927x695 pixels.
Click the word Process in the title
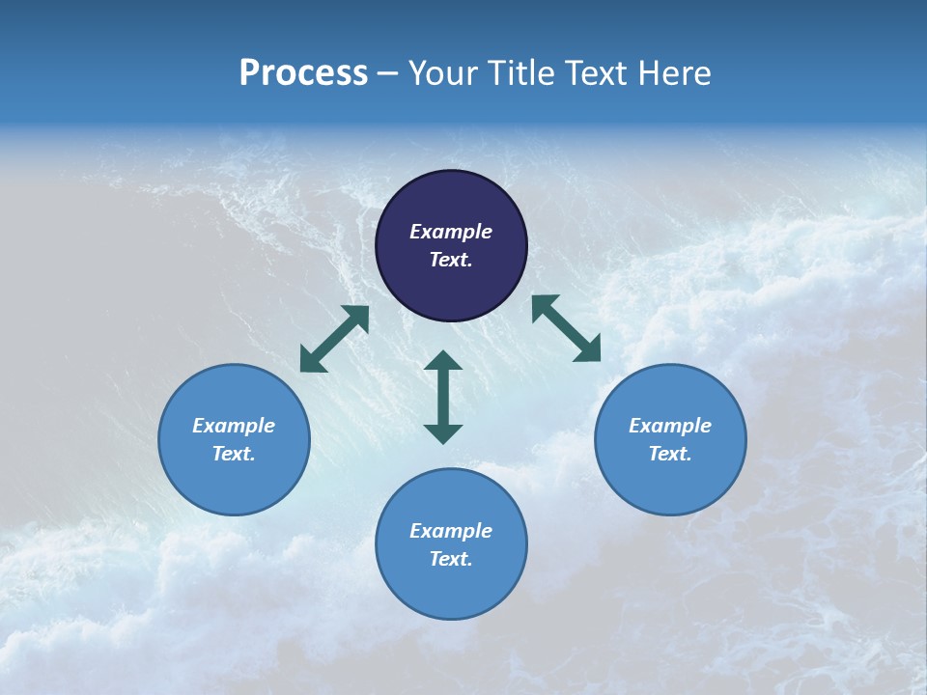point(303,73)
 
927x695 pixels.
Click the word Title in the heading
point(520,73)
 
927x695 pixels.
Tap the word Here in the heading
point(673,73)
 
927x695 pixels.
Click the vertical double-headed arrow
point(443,397)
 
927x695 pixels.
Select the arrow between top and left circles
point(334,339)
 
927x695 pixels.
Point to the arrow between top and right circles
point(566,328)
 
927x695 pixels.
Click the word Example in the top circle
point(451,232)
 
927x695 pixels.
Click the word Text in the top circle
point(451,260)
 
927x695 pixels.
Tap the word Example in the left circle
point(234,426)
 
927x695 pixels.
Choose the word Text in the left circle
point(234,454)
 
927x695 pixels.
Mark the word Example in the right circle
point(670,426)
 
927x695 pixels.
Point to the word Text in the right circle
point(670,454)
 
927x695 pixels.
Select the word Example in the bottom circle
point(451,531)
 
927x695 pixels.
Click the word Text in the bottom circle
point(451,559)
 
